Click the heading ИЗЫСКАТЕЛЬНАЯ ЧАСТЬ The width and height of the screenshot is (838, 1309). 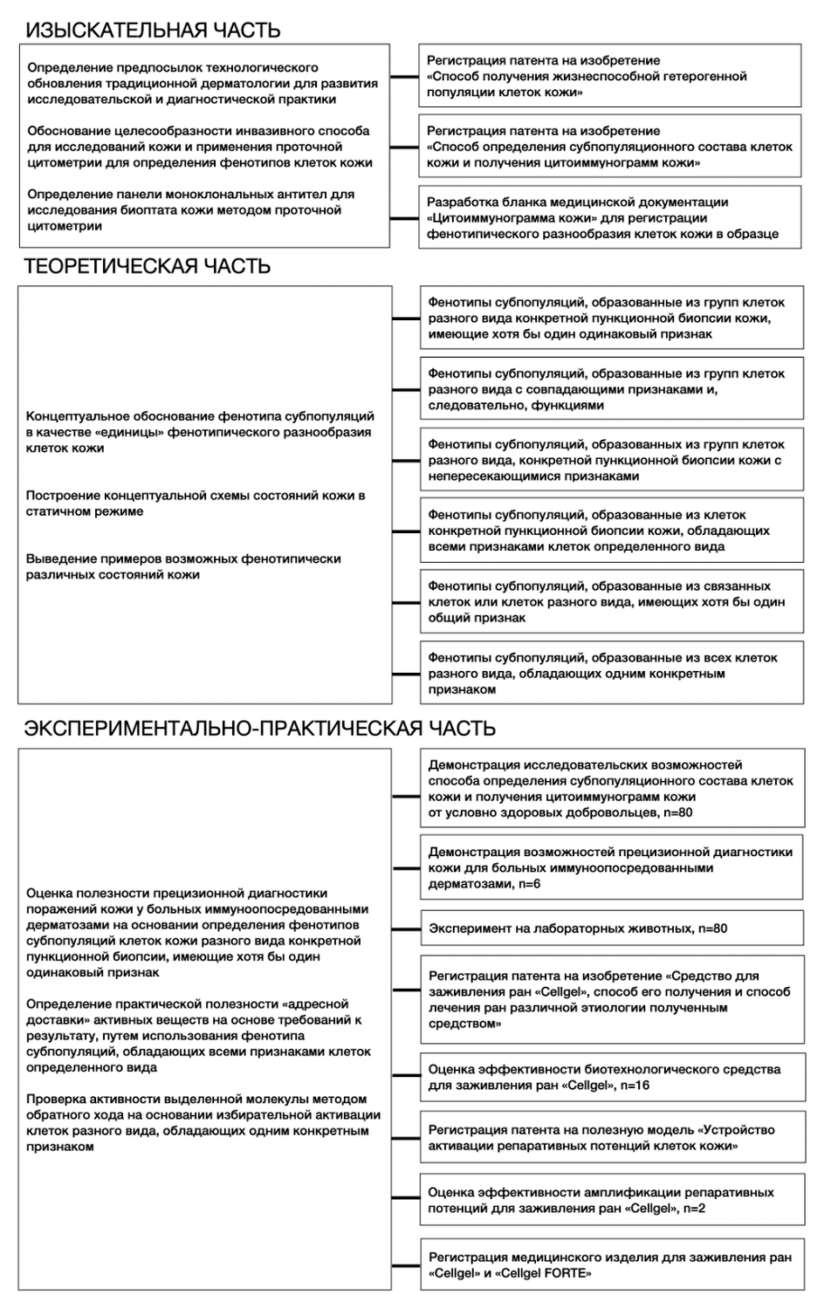click(153, 31)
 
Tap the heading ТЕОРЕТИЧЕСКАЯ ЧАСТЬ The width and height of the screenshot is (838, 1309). click(147, 266)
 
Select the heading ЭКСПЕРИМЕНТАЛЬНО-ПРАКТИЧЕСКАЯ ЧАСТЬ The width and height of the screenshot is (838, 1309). click(259, 728)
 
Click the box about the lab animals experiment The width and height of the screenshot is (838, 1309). click(611, 929)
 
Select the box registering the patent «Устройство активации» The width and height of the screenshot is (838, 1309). click(611, 1138)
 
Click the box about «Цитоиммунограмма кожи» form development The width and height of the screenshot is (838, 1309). click(609, 217)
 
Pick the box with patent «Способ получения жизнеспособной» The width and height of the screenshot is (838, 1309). click(609, 76)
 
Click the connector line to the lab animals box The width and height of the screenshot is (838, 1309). click(406, 929)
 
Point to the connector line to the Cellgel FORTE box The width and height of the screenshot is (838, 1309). click(406, 1264)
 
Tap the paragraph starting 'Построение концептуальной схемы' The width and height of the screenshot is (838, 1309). click(196, 504)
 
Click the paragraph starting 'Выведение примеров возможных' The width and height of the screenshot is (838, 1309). click(183, 566)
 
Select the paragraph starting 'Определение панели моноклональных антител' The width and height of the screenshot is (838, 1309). click(190, 210)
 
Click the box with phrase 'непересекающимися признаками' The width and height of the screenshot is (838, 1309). click(611, 460)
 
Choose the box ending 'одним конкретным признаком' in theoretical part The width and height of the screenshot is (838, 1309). click(611, 674)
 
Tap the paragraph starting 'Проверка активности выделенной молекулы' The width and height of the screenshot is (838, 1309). click(203, 1123)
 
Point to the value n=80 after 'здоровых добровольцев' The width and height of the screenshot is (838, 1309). click(677, 812)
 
